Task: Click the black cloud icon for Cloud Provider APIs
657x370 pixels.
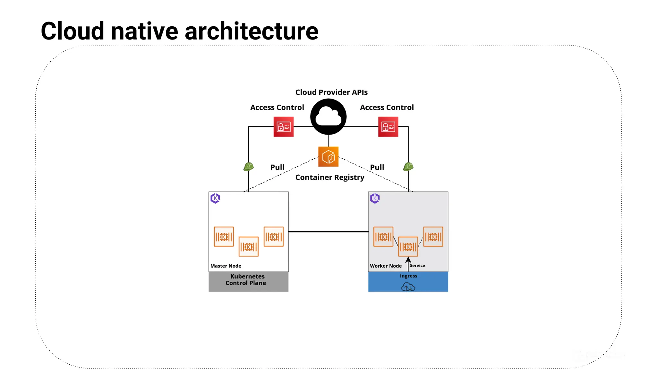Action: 328,117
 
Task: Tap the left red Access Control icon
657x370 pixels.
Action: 283,127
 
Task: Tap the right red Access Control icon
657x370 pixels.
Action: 388,127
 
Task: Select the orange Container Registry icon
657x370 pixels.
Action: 328,157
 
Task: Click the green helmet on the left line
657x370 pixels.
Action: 249,166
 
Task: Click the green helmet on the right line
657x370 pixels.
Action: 408,166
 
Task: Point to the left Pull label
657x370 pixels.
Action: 277,167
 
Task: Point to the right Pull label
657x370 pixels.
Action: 377,167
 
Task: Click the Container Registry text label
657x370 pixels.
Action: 329,178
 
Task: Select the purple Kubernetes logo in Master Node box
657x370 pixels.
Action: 215,198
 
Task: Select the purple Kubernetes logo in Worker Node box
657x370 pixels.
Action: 375,198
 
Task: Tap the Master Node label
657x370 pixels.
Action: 226,266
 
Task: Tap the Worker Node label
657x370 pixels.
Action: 386,266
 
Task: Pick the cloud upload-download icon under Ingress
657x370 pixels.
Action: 408,286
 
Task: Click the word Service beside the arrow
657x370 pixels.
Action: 417,266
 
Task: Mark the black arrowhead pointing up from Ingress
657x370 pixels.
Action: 408,260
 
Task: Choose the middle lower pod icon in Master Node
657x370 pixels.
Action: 248,247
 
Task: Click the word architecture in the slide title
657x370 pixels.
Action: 252,31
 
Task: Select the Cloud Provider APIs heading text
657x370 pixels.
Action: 331,92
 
